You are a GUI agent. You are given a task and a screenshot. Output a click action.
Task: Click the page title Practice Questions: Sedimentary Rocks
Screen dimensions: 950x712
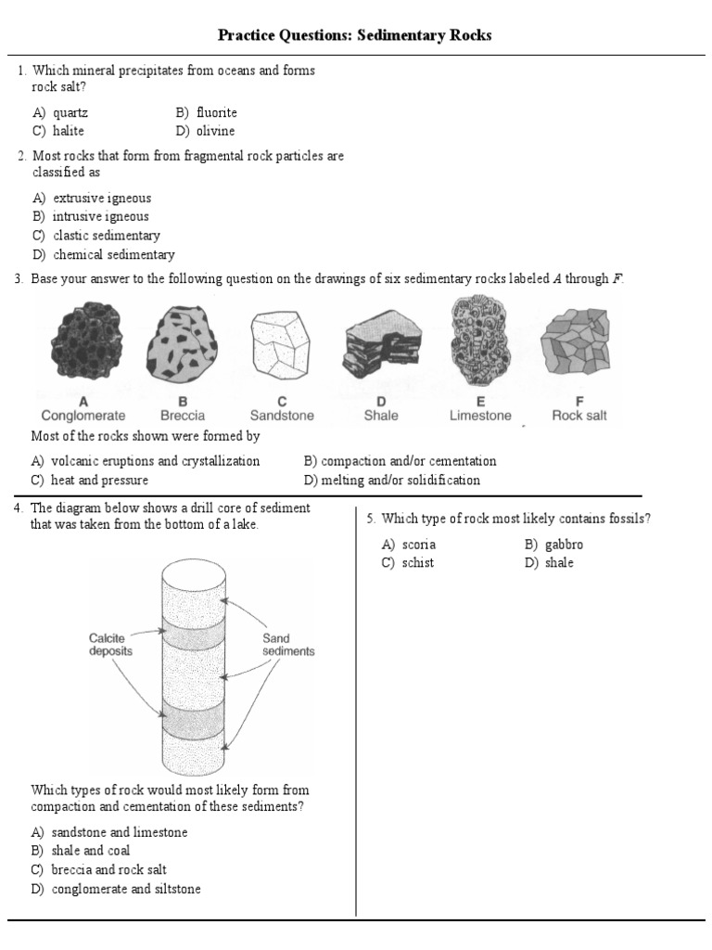coord(355,35)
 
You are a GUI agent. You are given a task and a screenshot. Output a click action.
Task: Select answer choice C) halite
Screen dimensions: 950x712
coord(58,131)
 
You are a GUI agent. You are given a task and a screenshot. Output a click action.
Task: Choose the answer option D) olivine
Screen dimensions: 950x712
coord(205,131)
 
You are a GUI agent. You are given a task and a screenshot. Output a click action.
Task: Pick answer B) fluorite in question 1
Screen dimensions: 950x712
coord(206,112)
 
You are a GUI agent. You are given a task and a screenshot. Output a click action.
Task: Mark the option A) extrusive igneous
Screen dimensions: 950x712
coord(91,198)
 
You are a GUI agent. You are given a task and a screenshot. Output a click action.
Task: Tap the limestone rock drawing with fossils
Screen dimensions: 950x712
coord(479,340)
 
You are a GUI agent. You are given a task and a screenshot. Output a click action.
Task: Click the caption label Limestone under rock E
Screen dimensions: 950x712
coord(480,416)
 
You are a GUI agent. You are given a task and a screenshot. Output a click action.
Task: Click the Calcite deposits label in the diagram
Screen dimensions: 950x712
coord(110,645)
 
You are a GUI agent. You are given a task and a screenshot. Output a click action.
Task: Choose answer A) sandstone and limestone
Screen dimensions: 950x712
coord(108,832)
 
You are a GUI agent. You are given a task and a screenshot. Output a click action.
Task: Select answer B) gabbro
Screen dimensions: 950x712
coord(553,545)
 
